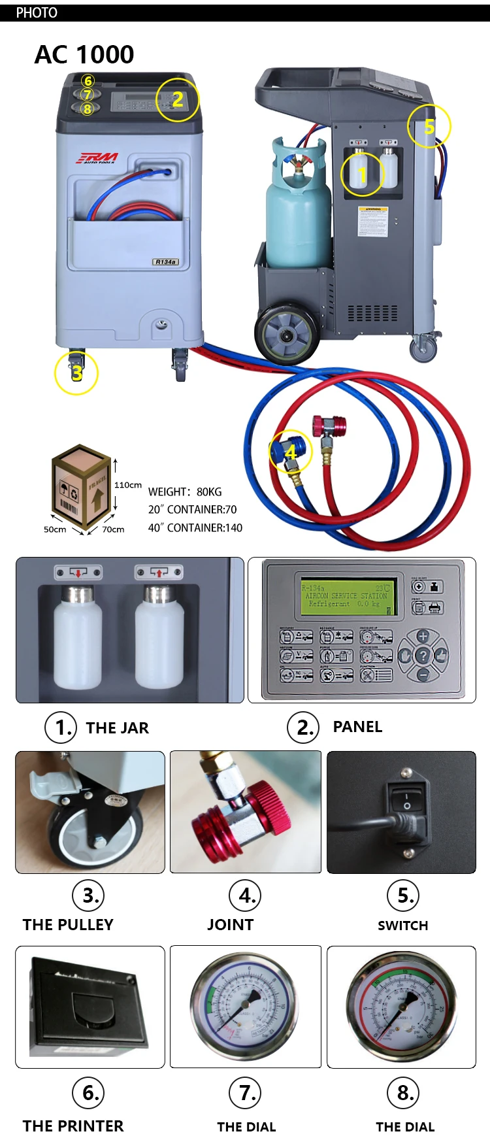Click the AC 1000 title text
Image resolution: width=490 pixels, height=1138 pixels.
click(84, 55)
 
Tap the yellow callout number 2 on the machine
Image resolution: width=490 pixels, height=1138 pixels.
click(177, 99)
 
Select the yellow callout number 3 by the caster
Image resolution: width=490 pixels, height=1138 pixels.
click(76, 373)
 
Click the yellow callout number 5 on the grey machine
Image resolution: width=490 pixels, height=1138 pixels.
click(429, 126)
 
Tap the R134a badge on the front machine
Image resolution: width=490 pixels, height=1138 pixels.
click(165, 262)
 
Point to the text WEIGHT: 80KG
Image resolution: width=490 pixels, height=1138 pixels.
click(185, 492)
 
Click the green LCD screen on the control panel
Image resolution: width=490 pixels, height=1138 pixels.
click(348, 596)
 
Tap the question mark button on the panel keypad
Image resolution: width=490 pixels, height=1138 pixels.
click(423, 655)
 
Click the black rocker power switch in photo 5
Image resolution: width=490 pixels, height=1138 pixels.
click(407, 801)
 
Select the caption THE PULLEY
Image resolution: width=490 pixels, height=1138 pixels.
click(68, 925)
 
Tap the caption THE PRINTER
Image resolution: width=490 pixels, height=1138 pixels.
click(73, 1126)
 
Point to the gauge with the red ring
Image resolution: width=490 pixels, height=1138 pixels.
click(401, 1005)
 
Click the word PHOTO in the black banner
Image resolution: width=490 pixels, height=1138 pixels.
click(37, 12)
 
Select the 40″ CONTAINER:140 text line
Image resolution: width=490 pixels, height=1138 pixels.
click(195, 527)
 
